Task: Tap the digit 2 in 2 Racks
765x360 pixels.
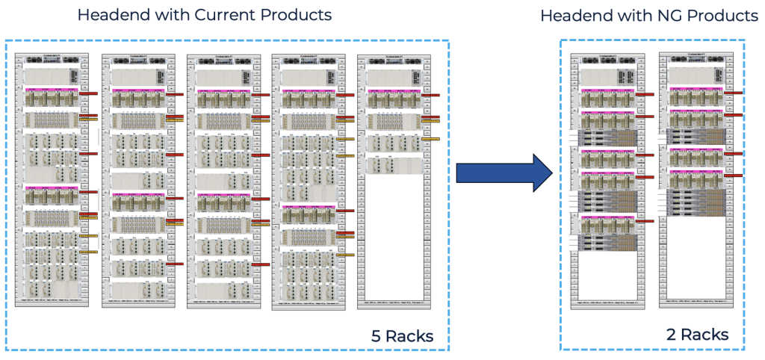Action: (671, 335)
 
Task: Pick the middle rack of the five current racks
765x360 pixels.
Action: (226, 179)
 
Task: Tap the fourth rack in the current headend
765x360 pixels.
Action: (312, 179)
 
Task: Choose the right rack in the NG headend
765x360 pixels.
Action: (694, 179)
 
